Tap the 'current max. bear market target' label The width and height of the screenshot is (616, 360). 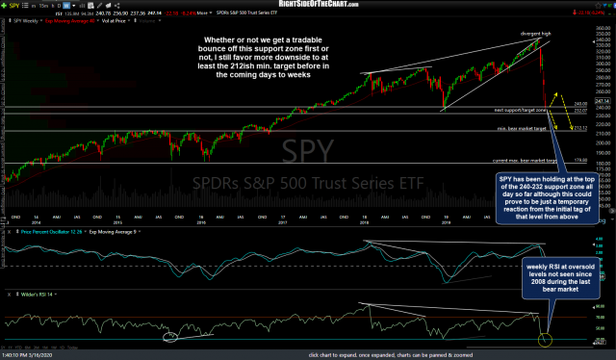coord(526,160)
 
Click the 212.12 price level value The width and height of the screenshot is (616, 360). coord(579,128)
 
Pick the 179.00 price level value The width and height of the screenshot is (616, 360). coord(580,160)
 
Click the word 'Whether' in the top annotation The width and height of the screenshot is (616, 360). coord(218,40)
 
